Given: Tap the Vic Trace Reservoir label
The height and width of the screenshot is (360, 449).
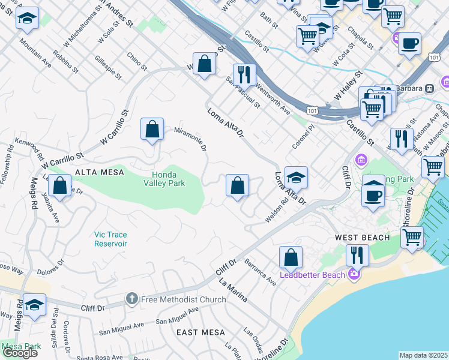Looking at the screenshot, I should point(110,239).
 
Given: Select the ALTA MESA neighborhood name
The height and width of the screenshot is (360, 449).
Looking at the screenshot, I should point(99,172).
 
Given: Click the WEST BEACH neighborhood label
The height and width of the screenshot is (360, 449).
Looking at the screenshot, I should point(362,238).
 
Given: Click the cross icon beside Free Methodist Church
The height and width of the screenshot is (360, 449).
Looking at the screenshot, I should point(131,298).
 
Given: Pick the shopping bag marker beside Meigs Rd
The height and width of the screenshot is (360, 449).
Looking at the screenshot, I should point(59,186).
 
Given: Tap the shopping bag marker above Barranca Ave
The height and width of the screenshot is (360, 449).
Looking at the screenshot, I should point(291,257).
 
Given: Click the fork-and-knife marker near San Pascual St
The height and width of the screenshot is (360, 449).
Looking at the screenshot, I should point(244,74).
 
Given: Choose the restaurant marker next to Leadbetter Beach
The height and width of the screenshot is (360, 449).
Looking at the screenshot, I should point(357,255).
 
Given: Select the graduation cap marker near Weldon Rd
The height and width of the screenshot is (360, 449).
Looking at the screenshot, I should point(296,178).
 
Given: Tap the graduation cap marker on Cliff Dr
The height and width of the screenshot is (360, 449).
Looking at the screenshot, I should point(35,306).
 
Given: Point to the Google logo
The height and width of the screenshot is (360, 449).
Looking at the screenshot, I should point(20,353).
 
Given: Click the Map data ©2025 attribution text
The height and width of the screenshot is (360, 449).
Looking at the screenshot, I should point(424,355).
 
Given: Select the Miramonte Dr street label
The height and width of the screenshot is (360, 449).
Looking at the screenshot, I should point(190,138).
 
